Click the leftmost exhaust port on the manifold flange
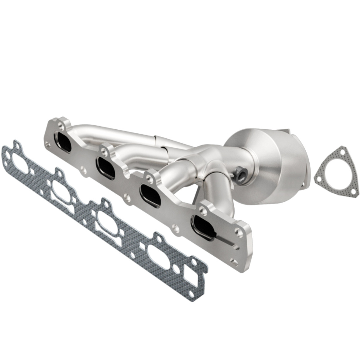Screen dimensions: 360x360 [x=64, y=142]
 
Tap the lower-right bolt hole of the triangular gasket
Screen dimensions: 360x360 [x=354, y=192]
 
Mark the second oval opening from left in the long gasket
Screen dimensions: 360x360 [x=62, y=191]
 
